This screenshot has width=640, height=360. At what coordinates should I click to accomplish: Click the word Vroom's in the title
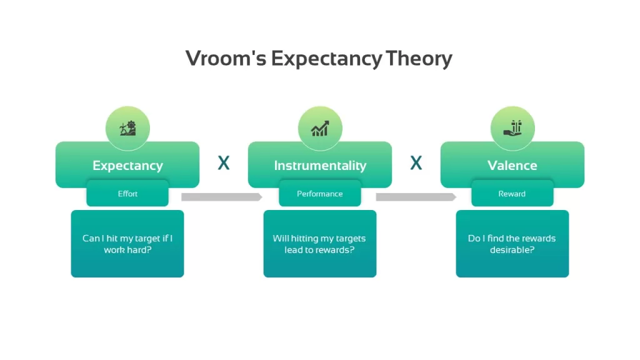(226, 58)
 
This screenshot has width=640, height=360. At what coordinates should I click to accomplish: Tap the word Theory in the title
(419, 59)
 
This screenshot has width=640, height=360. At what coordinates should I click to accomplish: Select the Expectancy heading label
(127, 165)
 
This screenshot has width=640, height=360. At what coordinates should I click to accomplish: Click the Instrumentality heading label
(320, 165)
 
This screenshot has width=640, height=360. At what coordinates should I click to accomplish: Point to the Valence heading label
(512, 165)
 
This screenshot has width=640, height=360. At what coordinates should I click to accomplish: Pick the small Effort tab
(127, 194)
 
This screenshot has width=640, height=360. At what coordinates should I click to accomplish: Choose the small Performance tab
(320, 194)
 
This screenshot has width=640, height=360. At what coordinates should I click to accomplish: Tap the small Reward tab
(512, 194)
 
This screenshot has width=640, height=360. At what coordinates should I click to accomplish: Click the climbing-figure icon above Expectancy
(127, 128)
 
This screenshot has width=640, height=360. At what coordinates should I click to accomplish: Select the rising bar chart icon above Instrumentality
(320, 128)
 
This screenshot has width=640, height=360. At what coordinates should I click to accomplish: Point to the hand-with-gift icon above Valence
(512, 128)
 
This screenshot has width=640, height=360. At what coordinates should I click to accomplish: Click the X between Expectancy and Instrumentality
(224, 163)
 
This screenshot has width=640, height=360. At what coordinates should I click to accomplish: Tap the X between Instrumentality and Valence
(416, 163)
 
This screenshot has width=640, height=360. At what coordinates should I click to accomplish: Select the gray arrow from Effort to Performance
(222, 197)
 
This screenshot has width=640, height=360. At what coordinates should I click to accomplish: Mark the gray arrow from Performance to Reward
(416, 197)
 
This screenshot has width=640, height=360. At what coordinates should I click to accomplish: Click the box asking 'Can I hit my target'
(127, 244)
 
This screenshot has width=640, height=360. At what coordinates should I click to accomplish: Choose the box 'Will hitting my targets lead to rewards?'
(320, 244)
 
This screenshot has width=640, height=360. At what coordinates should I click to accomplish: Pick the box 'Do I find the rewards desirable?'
(512, 244)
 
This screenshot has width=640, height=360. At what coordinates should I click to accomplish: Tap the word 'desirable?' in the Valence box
(512, 250)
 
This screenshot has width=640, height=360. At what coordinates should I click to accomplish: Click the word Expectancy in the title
(327, 59)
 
